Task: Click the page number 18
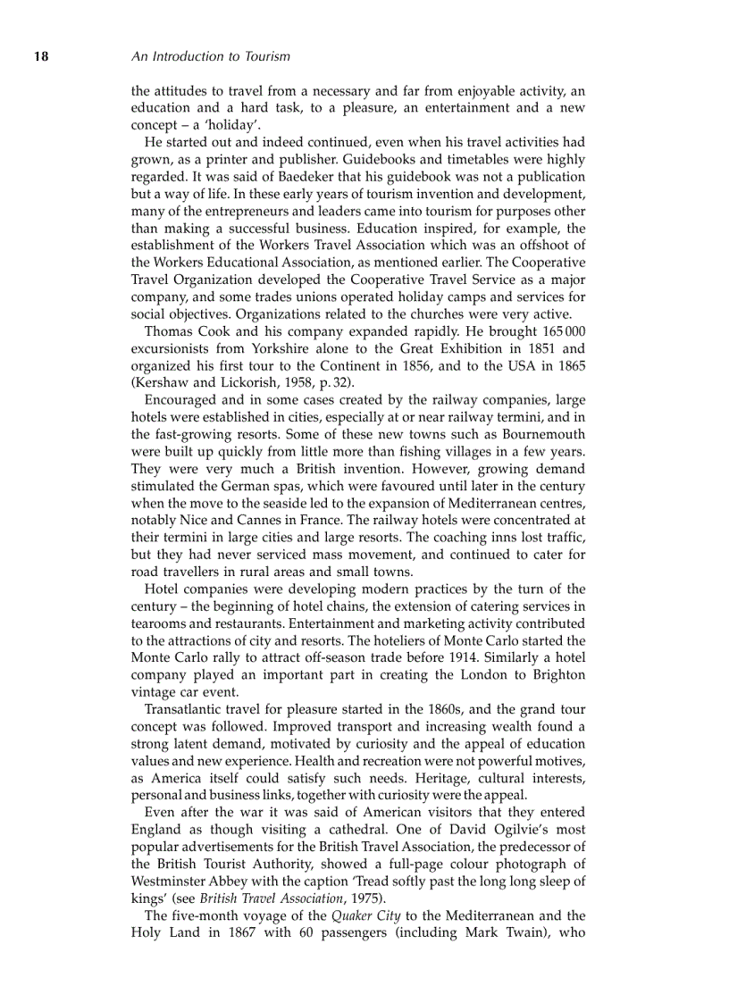(x=40, y=56)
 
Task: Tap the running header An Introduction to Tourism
(x=210, y=56)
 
